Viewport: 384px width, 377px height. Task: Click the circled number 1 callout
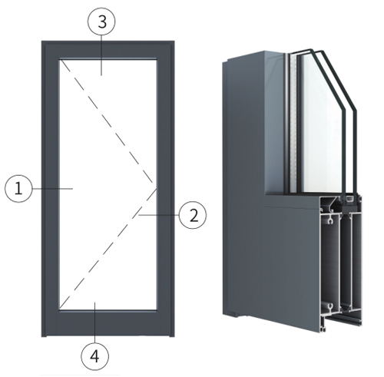tap(18, 189)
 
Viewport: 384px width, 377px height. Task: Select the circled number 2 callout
tap(193, 215)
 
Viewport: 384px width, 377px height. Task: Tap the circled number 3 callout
tap(101, 21)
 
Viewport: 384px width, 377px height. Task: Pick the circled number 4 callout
tap(95, 356)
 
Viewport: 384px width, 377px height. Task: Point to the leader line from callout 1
tap(52, 189)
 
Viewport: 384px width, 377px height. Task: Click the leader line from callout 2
tap(159, 215)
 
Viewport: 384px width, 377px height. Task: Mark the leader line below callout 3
tap(101, 55)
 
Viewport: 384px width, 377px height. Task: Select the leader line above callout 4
tap(95, 322)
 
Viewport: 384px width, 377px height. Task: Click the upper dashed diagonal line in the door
tap(107, 121)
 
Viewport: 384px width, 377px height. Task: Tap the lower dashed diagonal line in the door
tap(108, 248)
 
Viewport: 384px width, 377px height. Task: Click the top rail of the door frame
tap(108, 50)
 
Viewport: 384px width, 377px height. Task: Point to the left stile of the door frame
tap(51, 189)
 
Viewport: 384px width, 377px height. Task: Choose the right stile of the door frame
tap(166, 189)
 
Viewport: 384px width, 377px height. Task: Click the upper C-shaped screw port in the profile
tap(330, 221)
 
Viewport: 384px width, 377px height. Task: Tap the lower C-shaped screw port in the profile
tap(330, 306)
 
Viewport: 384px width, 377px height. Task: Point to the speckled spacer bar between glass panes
tap(293, 123)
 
